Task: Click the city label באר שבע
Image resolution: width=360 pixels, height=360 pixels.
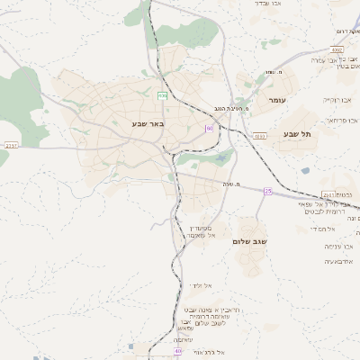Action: (x=148, y=123)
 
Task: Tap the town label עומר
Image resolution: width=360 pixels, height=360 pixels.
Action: (x=275, y=100)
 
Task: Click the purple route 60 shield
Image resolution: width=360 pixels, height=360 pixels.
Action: (x=209, y=129)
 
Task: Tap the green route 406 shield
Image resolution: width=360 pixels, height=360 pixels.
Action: (x=162, y=94)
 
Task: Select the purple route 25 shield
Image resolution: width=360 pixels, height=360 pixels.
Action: (x=267, y=191)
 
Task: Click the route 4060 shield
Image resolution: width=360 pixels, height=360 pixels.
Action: (x=260, y=136)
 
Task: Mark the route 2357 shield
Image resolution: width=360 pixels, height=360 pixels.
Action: (x=11, y=143)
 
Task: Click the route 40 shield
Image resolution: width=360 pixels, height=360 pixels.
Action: (x=178, y=350)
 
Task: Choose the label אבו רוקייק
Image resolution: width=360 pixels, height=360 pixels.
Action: (x=338, y=100)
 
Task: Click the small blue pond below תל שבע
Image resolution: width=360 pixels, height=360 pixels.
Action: (x=305, y=170)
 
